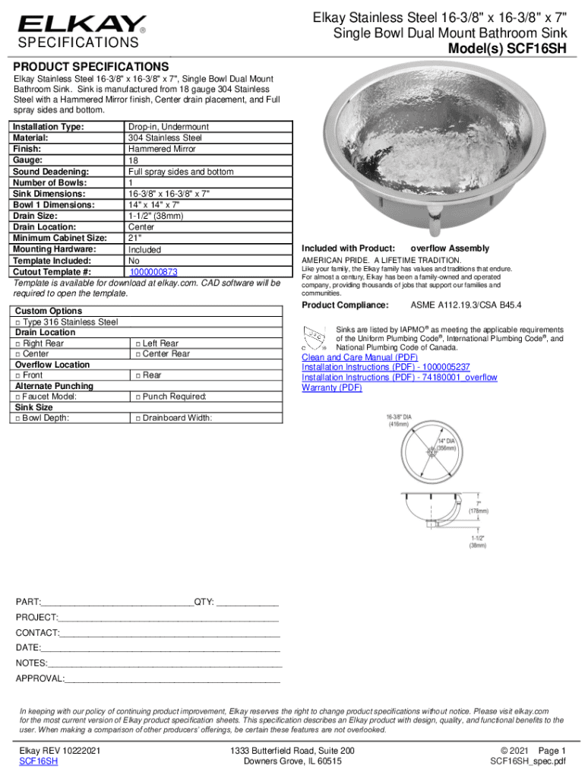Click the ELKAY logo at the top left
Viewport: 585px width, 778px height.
click(x=82, y=24)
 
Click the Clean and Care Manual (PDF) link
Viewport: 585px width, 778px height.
click(x=359, y=357)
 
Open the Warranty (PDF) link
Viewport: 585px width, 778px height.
click(x=332, y=387)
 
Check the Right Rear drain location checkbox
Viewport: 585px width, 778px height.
click(x=17, y=343)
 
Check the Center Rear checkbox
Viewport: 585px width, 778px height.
click(x=138, y=354)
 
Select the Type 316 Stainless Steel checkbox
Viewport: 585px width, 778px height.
click(x=17, y=322)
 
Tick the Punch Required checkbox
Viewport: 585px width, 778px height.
click(x=138, y=397)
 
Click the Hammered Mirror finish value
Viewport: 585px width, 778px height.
click(x=162, y=150)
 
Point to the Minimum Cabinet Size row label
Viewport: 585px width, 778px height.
click(x=60, y=238)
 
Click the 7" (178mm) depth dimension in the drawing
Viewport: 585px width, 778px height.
click(x=478, y=507)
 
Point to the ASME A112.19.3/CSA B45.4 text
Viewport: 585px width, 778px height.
click(x=466, y=305)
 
